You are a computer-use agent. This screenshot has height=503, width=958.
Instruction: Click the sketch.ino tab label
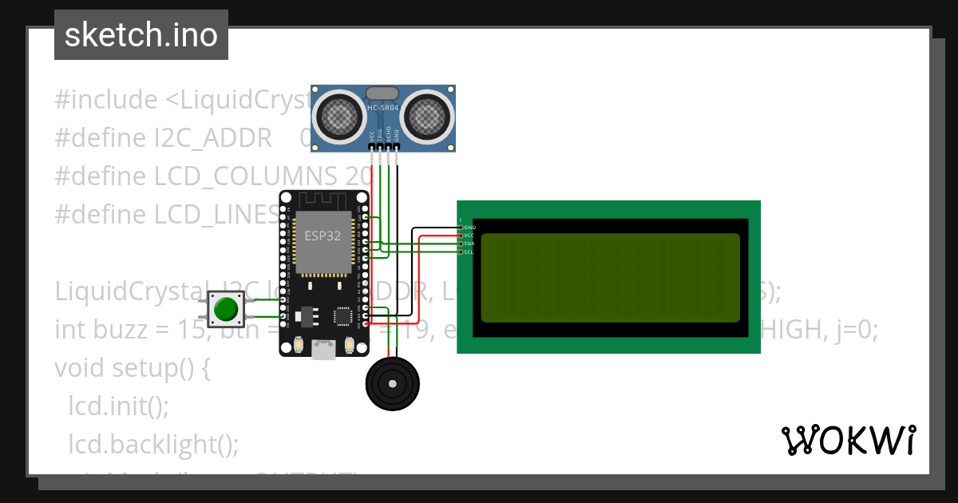click(x=141, y=35)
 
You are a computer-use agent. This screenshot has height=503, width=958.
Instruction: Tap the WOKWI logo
click(x=848, y=440)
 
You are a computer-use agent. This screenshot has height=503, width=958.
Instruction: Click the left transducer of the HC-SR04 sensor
click(x=341, y=117)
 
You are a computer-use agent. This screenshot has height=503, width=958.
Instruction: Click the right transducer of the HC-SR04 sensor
click(x=427, y=117)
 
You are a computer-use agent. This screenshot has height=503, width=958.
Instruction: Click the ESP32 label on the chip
click(x=323, y=236)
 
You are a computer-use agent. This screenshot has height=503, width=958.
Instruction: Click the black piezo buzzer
click(x=392, y=384)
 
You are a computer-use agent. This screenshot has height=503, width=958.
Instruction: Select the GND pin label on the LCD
click(x=469, y=228)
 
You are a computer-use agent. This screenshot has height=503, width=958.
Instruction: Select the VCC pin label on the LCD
click(x=469, y=236)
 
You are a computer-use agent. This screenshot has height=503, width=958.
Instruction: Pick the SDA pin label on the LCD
click(x=469, y=244)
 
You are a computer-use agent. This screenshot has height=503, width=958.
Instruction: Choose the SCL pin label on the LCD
click(x=469, y=252)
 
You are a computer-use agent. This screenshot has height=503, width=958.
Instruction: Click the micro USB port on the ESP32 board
click(x=323, y=349)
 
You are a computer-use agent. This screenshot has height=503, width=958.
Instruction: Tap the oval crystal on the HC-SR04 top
click(x=383, y=94)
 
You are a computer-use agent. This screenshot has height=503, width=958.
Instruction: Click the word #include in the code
click(x=106, y=101)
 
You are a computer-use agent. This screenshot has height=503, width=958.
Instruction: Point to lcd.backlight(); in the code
click(x=153, y=444)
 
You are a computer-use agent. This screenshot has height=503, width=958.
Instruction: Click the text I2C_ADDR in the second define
click(x=213, y=138)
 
